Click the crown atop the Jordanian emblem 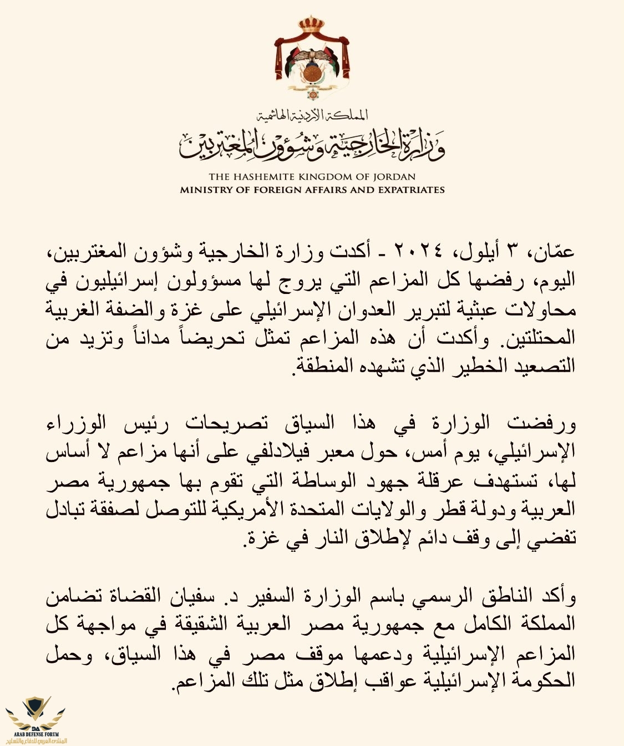[x=312, y=24]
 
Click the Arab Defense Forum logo [x=35, y=721]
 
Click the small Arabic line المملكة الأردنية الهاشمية [x=312, y=115]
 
